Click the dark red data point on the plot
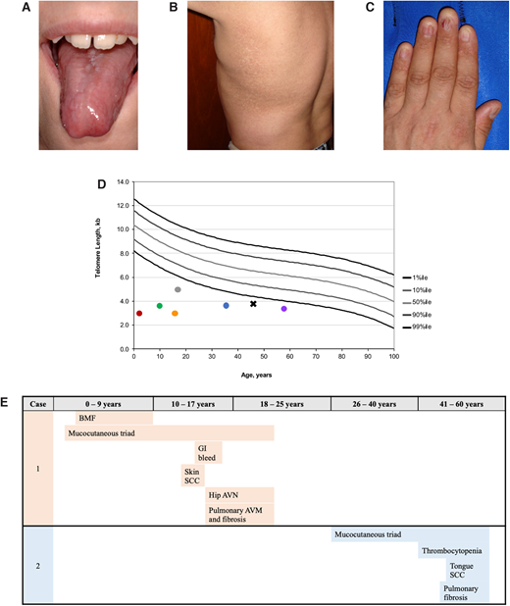[139, 314]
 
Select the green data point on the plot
[160, 306]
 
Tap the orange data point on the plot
[175, 314]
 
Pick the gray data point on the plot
[178, 290]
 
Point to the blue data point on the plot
[226, 306]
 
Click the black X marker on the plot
[253, 304]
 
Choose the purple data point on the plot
[284, 309]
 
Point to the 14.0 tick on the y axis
[123, 182]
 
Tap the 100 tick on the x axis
[394, 357]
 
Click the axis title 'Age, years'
[264, 373]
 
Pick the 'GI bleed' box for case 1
[208, 452]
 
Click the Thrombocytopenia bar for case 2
[453, 550]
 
